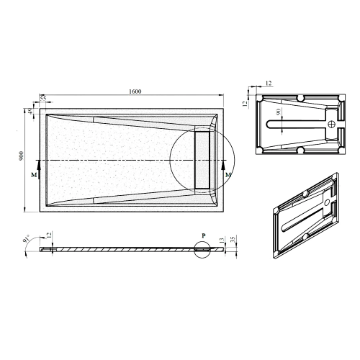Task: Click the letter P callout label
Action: [x=204, y=235]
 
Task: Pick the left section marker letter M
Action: [x=33, y=175]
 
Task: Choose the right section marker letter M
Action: [x=228, y=175]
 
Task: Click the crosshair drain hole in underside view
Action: [x=332, y=123]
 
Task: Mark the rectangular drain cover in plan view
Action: [x=202, y=158]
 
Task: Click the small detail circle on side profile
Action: [x=202, y=249]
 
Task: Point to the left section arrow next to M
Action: [x=37, y=169]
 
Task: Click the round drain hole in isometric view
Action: [x=328, y=204]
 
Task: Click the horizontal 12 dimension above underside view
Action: [x=268, y=84]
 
